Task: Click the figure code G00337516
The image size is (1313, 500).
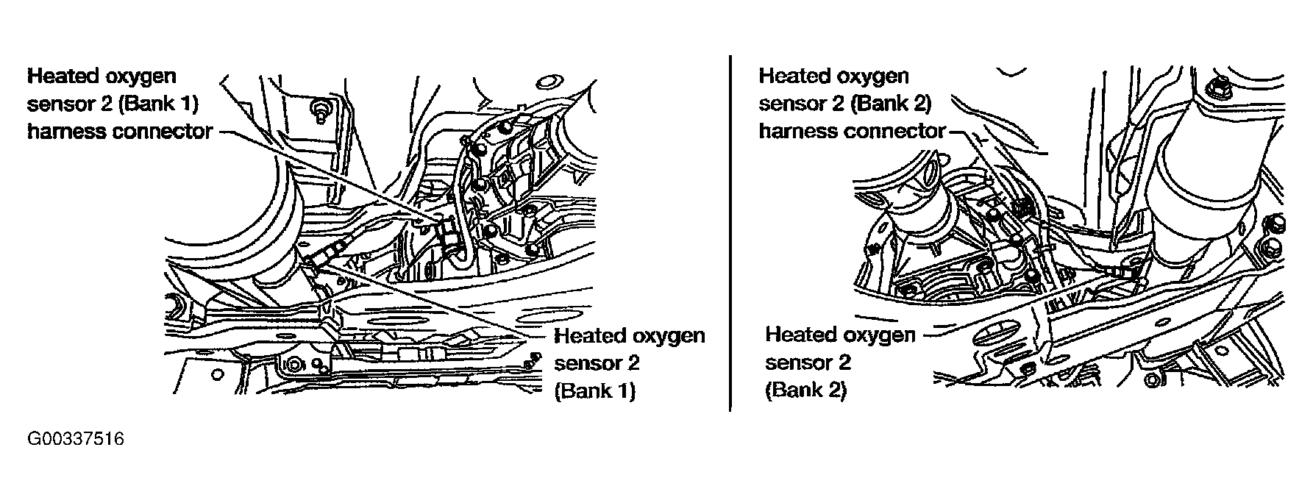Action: pyautogui.click(x=76, y=440)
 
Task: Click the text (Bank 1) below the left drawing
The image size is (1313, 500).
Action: pyautogui.click(x=595, y=390)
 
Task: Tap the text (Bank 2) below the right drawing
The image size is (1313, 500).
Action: pyautogui.click(x=806, y=390)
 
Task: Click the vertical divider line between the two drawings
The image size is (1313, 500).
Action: pyautogui.click(x=730, y=232)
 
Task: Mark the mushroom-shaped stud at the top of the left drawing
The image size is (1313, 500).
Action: pyautogui.click(x=320, y=109)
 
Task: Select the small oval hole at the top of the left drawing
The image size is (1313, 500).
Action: pyautogui.click(x=548, y=80)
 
